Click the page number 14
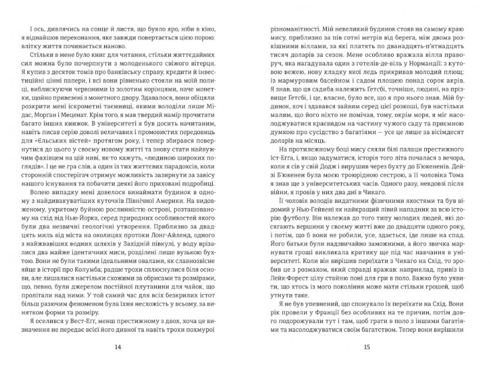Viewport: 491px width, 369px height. coord(118,346)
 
